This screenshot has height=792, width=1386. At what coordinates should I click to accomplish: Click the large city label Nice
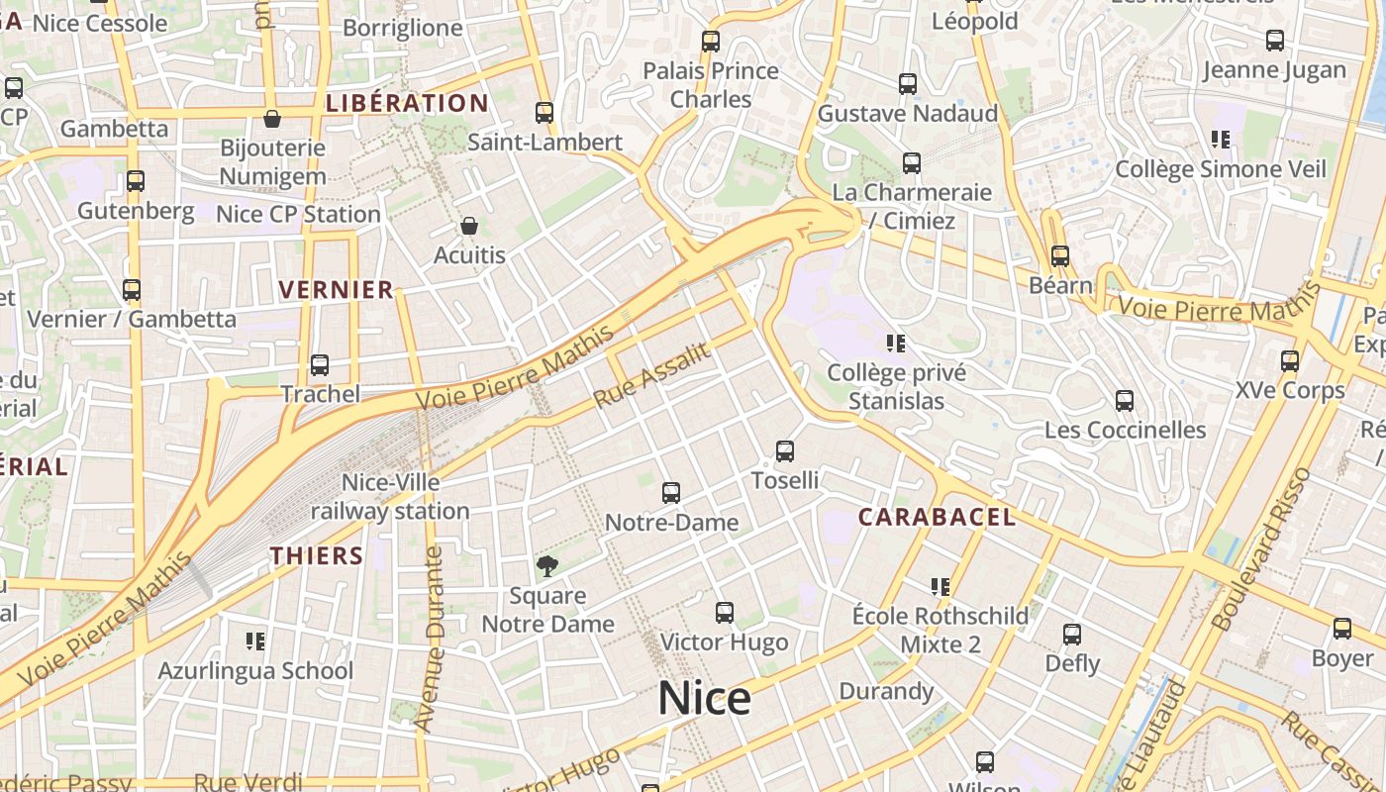click(705, 699)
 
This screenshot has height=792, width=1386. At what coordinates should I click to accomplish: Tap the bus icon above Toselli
click(785, 451)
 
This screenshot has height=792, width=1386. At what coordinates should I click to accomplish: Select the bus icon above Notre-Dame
click(671, 493)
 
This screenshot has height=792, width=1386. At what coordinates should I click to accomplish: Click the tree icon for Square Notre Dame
click(546, 566)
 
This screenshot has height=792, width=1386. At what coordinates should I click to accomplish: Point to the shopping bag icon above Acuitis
click(469, 227)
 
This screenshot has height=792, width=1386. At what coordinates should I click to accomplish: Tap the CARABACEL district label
click(937, 517)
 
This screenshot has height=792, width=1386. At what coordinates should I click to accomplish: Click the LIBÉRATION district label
click(407, 103)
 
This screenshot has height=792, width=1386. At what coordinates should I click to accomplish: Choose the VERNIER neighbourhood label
click(337, 290)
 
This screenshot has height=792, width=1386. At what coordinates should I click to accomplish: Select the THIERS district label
click(317, 555)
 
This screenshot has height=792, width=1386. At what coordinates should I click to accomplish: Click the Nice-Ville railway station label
click(390, 497)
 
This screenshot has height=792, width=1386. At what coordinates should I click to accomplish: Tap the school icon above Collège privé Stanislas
click(896, 344)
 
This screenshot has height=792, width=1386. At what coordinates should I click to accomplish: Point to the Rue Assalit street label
click(652, 375)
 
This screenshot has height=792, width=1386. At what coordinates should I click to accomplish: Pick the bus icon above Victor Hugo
click(725, 613)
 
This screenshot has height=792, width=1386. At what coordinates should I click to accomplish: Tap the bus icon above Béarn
click(1060, 256)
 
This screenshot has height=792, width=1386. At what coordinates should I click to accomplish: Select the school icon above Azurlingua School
click(255, 642)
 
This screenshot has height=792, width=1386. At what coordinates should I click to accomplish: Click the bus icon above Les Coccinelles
click(1125, 401)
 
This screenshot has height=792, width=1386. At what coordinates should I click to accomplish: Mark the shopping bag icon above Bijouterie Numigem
click(272, 120)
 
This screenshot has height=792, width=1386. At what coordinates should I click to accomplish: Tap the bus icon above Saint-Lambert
click(544, 113)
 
